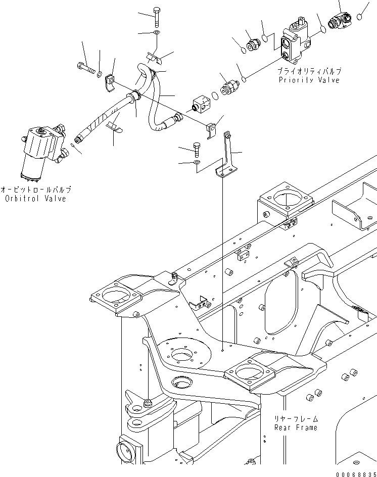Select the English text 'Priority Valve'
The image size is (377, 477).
click(309, 80)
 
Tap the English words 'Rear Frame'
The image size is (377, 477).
click(296, 427)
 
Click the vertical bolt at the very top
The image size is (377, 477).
click(156, 18)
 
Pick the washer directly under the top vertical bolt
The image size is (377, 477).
click(157, 33)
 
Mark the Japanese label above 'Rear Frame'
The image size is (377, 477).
click(296, 419)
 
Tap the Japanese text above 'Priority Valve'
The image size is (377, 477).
click(309, 72)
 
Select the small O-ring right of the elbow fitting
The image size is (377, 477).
click(359, 17)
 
